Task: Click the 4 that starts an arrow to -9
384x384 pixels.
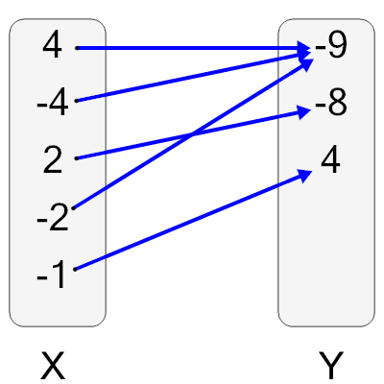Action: [52, 46]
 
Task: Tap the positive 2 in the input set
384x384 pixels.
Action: [53, 159]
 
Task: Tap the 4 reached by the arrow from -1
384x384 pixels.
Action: [331, 161]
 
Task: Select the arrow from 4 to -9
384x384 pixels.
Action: [192, 47]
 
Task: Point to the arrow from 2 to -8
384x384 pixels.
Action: [144, 142]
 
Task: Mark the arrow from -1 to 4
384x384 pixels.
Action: [192, 221]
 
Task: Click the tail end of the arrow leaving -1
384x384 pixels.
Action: [75, 269]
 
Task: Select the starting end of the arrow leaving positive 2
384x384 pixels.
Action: [75, 157]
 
